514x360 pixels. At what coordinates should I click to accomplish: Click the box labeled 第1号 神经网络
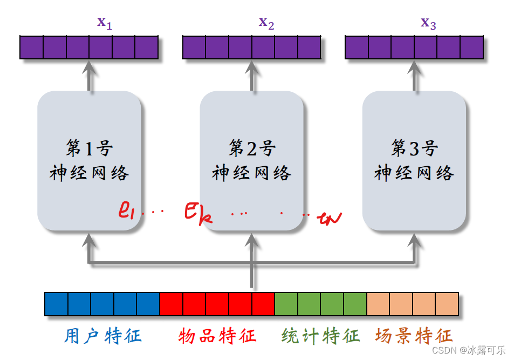(x=90, y=160)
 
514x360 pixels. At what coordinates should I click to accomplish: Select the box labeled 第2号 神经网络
(x=252, y=160)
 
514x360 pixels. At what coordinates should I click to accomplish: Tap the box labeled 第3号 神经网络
(x=414, y=160)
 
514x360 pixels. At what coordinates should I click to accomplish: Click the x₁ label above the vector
(x=105, y=23)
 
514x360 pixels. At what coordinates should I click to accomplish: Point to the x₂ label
(x=266, y=23)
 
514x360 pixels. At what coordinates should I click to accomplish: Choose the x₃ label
(x=428, y=23)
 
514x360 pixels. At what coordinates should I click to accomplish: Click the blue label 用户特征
(x=102, y=336)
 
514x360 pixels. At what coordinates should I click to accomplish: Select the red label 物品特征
(x=217, y=336)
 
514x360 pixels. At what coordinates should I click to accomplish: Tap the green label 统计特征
(x=320, y=336)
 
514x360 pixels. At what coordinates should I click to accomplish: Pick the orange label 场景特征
(x=414, y=336)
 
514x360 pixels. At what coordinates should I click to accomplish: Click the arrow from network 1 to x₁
(x=90, y=76)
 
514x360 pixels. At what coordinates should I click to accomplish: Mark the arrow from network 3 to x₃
(x=414, y=76)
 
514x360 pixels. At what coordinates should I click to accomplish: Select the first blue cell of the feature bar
(x=56, y=304)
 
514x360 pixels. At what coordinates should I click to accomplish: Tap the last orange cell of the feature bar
(x=447, y=304)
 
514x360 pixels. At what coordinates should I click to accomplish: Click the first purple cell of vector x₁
(x=31, y=47)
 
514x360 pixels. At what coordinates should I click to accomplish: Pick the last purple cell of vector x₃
(x=471, y=47)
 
